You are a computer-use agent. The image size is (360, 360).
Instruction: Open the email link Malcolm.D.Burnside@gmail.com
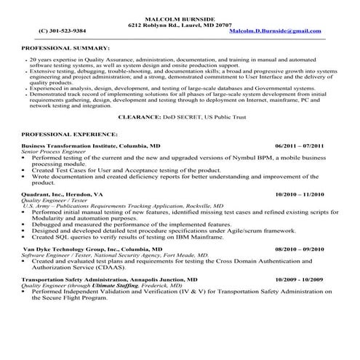275,31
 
